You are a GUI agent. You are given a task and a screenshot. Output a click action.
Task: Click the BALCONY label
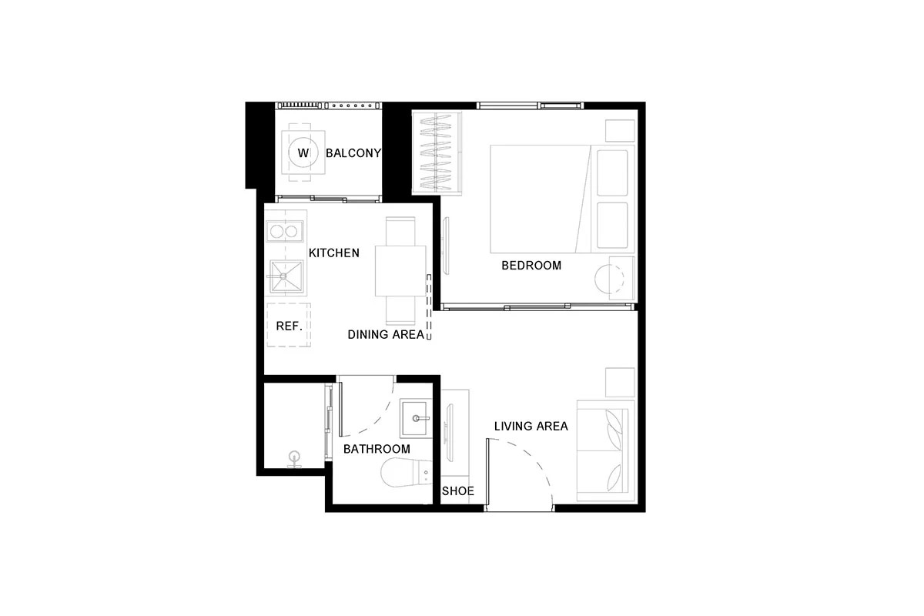click(x=353, y=153)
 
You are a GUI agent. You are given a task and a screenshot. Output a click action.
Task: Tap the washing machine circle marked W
click(x=303, y=152)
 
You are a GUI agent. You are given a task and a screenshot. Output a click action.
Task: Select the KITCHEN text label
click(x=333, y=253)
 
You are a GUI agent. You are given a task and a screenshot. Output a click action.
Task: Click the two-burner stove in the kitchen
click(x=285, y=231)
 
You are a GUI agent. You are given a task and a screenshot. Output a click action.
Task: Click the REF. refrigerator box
click(x=289, y=325)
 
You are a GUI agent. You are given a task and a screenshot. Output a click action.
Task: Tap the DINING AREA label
click(x=386, y=335)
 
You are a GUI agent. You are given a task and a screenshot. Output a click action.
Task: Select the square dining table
click(x=400, y=271)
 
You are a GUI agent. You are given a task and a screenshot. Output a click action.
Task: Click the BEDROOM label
click(x=531, y=266)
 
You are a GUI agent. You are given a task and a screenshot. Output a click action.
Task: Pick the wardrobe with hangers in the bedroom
click(x=437, y=152)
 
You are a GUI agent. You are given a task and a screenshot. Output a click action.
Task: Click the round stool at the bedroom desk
click(x=609, y=280)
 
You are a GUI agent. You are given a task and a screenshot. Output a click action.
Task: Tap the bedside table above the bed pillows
click(x=620, y=131)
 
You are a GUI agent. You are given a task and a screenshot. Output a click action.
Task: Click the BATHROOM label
click(x=377, y=449)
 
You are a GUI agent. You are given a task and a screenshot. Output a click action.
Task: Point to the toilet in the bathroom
click(x=406, y=472)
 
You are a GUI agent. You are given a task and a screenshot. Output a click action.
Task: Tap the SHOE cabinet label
click(x=458, y=491)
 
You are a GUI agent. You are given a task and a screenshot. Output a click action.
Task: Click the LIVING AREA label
click(x=531, y=427)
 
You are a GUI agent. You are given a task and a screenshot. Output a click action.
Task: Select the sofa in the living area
click(x=605, y=450)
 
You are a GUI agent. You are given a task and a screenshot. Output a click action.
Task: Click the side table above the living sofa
click(x=620, y=383)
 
